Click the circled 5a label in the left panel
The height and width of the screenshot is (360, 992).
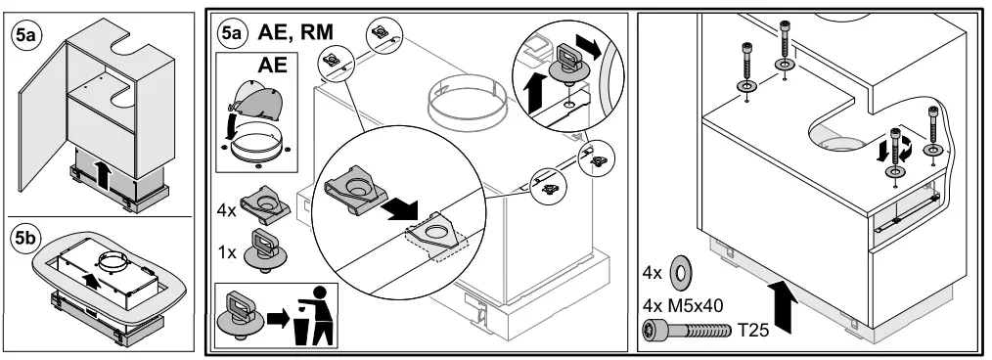click(24, 37)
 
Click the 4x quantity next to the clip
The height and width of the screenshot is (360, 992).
click(227, 209)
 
